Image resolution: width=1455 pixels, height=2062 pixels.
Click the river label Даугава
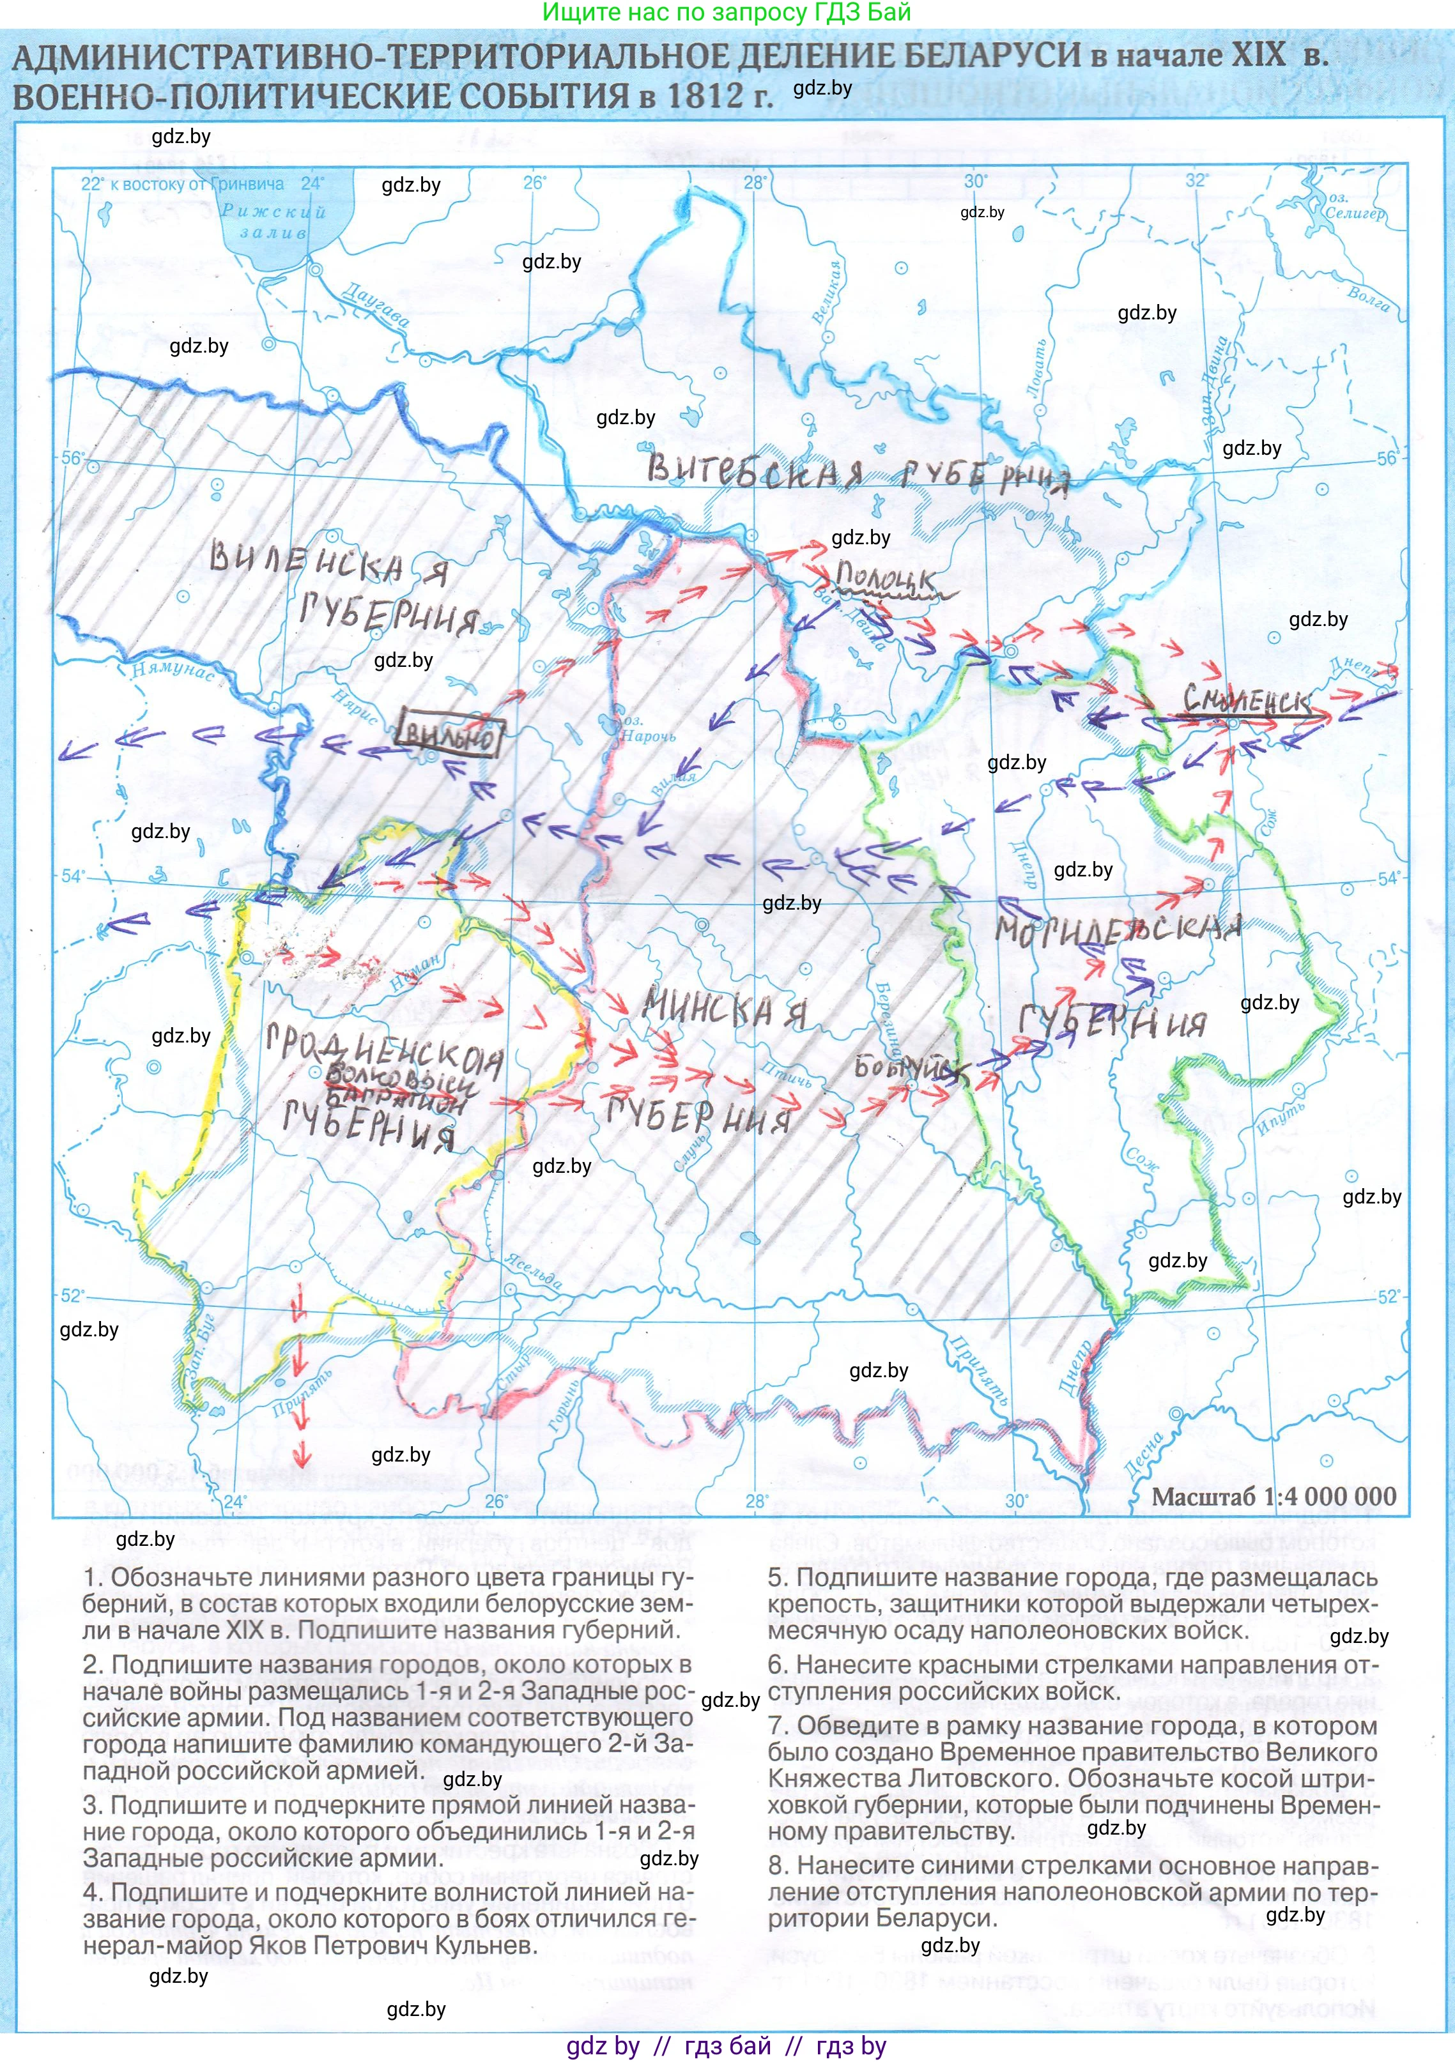pyautogui.click(x=376, y=305)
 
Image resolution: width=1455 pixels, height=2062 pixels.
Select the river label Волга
pyautogui.click(x=1368, y=298)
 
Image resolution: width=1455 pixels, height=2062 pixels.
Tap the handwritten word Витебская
pyautogui.click(x=755, y=471)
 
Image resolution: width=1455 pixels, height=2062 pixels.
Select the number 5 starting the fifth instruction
pyautogui.click(x=774, y=1578)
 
